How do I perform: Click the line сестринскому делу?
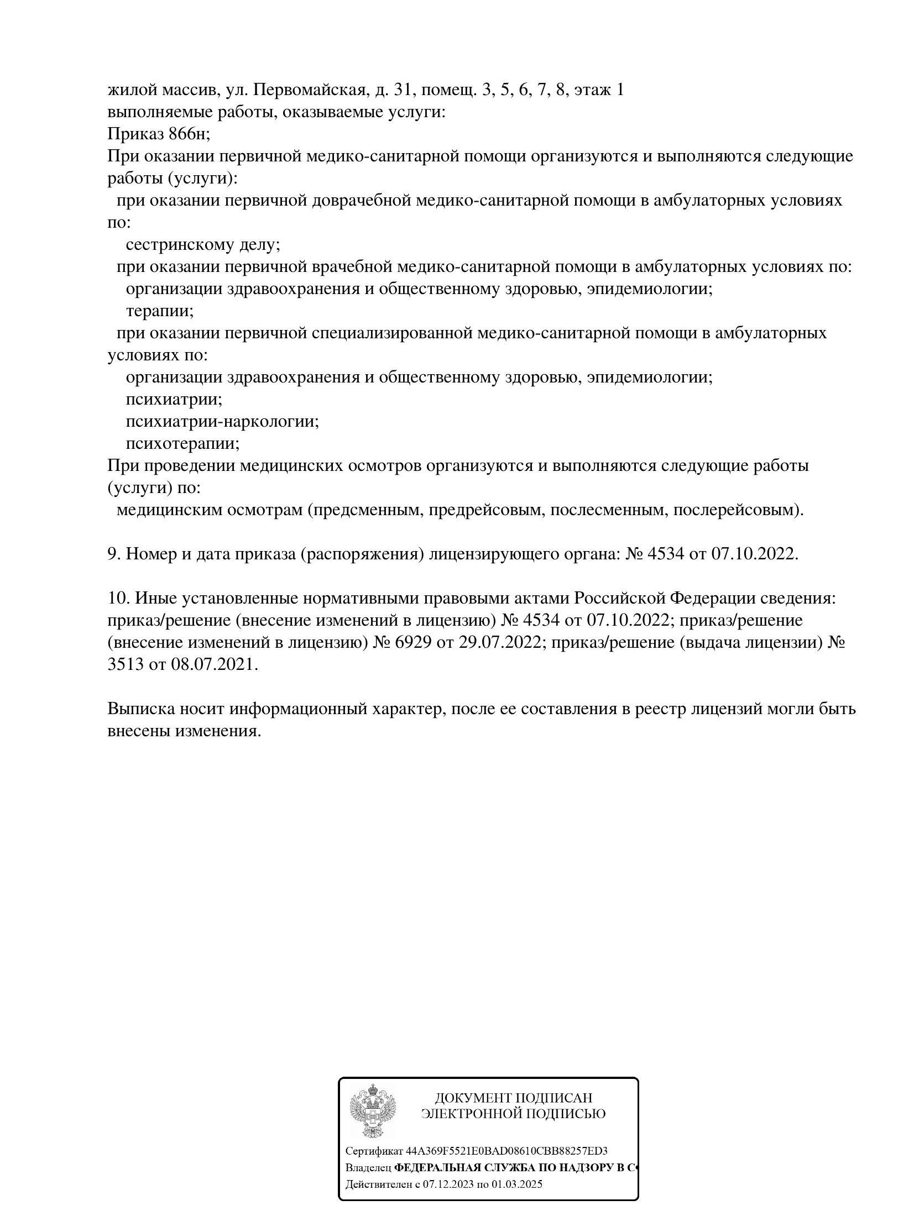coord(203,244)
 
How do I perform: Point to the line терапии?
coord(160,311)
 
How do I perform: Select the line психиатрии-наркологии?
coord(222,421)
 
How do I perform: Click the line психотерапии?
coord(182,443)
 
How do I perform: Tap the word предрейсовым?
coord(487,510)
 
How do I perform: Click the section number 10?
coord(118,598)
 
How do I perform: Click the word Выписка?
coord(140,709)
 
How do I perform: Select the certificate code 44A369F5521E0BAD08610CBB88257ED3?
coord(506,1151)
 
